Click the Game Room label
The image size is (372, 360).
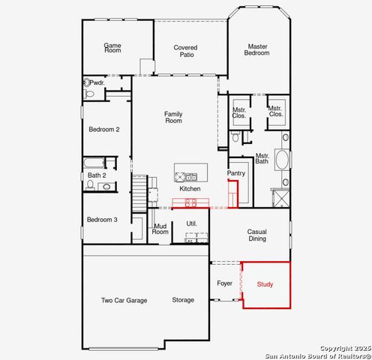(x=112, y=49)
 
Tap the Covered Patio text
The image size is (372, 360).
(x=186, y=52)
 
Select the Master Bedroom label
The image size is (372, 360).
(x=257, y=49)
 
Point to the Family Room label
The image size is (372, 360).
(x=173, y=117)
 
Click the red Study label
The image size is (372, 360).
(x=265, y=284)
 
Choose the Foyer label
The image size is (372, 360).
(x=225, y=283)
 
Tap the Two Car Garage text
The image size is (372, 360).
(x=124, y=300)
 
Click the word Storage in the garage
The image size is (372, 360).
(x=182, y=300)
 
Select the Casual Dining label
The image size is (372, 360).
(x=257, y=236)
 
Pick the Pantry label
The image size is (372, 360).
(x=236, y=173)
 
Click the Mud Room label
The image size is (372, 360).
(x=160, y=228)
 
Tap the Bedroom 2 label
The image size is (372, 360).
(x=103, y=130)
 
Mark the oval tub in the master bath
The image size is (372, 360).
(x=283, y=160)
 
